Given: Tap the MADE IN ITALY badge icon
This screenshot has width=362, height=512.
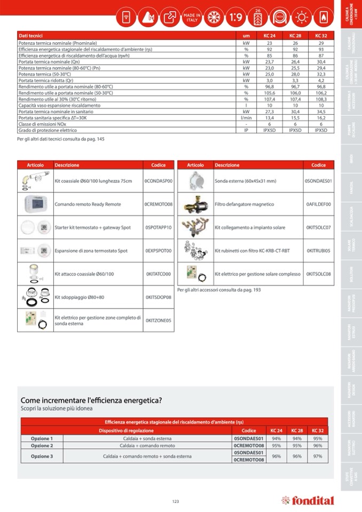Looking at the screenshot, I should click(x=192, y=17).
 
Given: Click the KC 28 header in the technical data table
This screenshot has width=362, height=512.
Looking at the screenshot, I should click(x=295, y=36).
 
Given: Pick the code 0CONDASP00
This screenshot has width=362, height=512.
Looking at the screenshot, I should click(x=159, y=181).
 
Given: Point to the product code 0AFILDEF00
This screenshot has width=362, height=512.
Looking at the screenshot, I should click(x=319, y=204).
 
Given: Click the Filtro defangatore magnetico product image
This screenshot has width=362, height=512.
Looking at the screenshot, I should click(x=195, y=204).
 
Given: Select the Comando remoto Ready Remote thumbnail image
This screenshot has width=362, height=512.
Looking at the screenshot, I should click(x=35, y=204).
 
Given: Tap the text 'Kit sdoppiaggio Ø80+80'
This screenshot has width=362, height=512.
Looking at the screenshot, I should click(x=80, y=297).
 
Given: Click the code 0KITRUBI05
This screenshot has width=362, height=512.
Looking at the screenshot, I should click(x=319, y=250).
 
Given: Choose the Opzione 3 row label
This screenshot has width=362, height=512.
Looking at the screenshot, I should click(x=42, y=456).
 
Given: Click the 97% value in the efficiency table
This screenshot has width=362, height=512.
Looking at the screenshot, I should click(x=318, y=456).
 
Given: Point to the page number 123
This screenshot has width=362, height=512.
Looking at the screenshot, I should click(x=176, y=501).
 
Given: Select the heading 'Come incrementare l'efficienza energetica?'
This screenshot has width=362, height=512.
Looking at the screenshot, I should click(x=91, y=400).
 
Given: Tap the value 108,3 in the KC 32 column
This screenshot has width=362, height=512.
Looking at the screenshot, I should click(x=321, y=99).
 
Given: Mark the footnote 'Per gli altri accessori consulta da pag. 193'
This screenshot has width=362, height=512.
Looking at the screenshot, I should click(x=219, y=289).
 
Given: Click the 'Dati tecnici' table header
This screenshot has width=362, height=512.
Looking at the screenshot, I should click(x=30, y=36).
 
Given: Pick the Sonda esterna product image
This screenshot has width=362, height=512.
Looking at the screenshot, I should click(x=195, y=181).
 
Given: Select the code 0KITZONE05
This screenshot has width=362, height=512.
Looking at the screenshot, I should click(x=159, y=320).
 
